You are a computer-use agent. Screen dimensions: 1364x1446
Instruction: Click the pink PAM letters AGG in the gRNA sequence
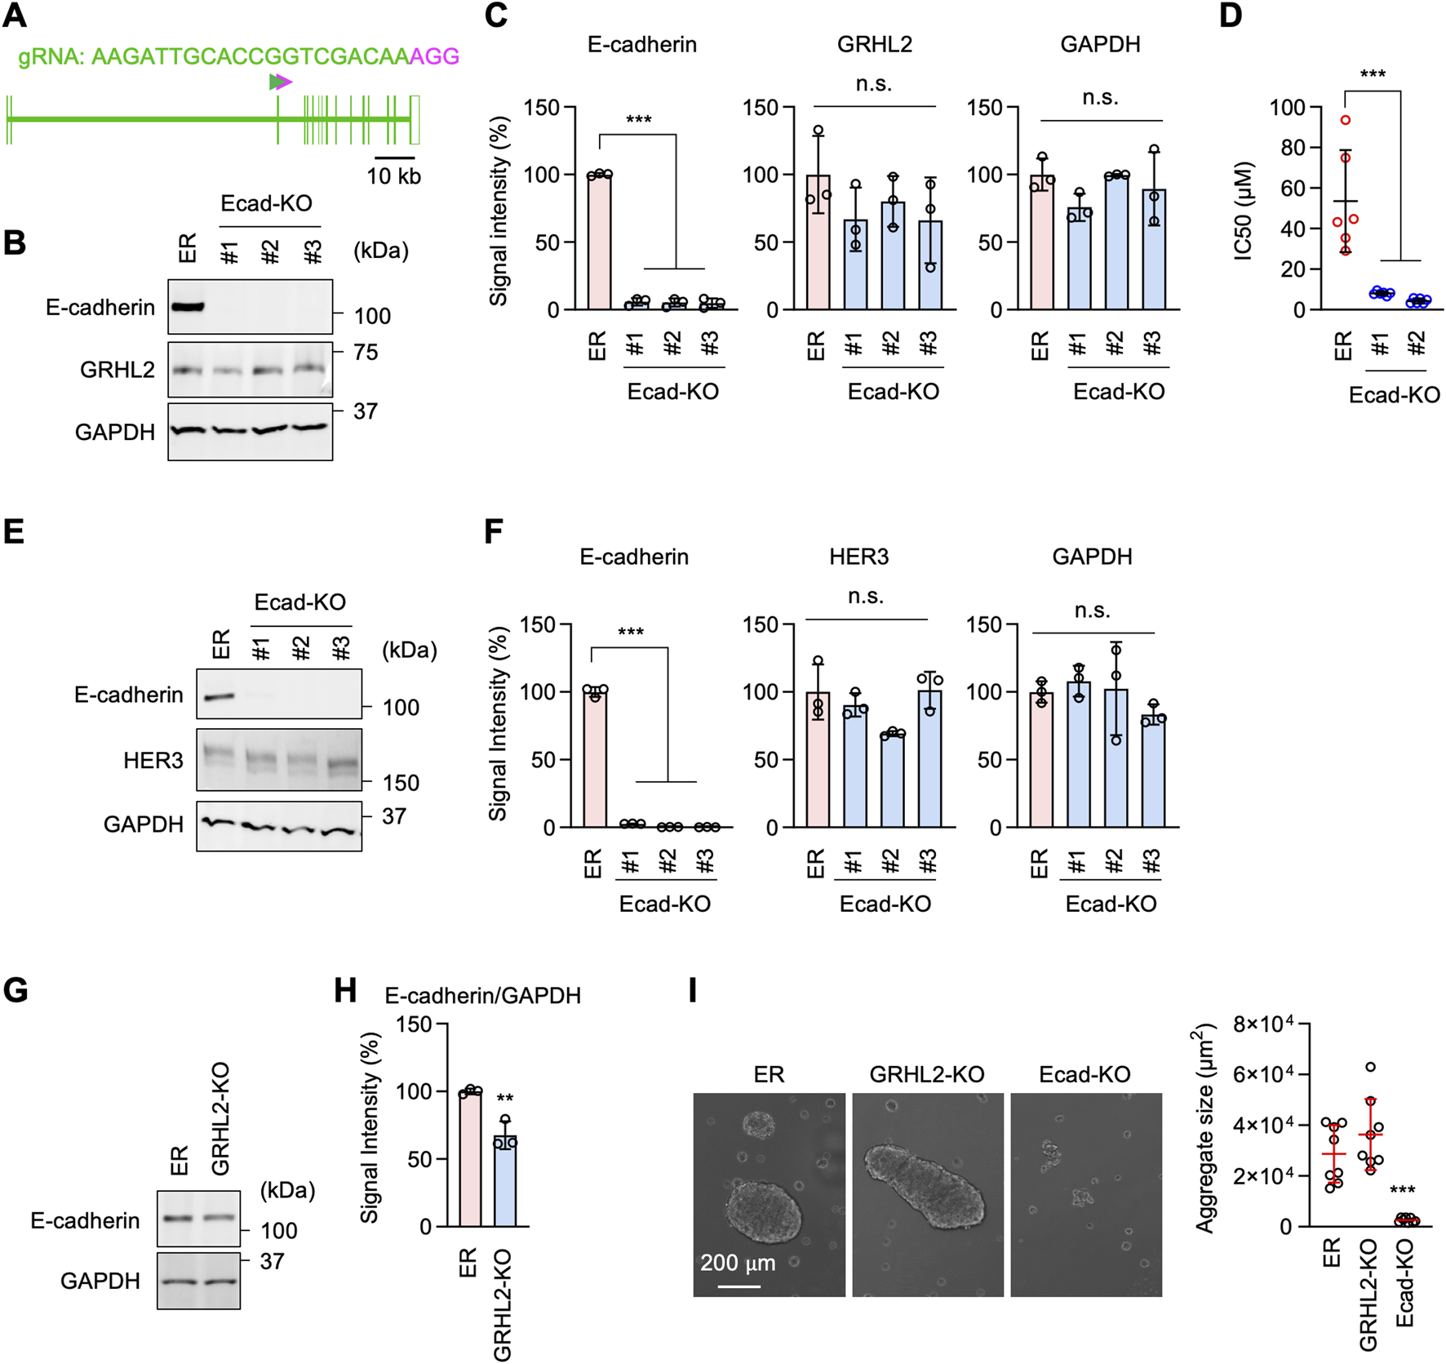[x=434, y=56]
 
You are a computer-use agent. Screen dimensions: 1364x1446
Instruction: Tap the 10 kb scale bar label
[x=393, y=176]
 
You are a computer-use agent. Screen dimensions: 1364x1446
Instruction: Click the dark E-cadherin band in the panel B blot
[x=187, y=308]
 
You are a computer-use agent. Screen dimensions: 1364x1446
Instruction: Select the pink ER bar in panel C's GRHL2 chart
[x=818, y=242]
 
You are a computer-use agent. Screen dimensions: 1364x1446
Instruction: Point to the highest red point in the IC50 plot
[x=1346, y=120]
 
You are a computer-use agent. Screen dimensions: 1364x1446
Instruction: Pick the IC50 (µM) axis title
[x=1244, y=211]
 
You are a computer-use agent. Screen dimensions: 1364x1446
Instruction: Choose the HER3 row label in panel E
[x=153, y=761]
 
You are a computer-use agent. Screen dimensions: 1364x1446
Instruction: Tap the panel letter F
[x=493, y=532]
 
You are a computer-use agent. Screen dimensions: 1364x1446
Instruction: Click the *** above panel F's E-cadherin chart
[x=631, y=633]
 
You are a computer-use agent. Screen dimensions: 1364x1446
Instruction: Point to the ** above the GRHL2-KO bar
[x=505, y=1099]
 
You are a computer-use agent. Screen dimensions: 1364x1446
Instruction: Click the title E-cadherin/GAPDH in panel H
[x=482, y=996]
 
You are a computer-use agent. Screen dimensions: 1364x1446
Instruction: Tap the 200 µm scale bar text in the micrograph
[x=738, y=1263]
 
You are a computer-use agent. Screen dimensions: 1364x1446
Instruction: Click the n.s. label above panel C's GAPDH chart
[x=1099, y=98]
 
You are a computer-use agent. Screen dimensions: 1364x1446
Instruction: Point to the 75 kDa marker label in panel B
[x=366, y=352]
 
